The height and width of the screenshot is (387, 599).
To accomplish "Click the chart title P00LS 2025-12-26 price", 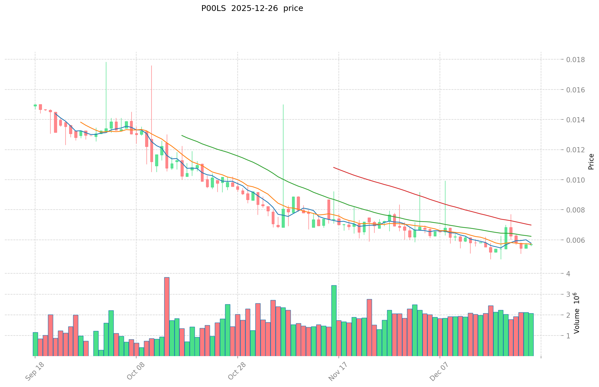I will coord(252,9).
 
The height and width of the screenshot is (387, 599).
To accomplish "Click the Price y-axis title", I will coord(591,162).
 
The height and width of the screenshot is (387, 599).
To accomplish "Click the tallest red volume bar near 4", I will coord(167,278).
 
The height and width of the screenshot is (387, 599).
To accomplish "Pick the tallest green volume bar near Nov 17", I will coord(334,286).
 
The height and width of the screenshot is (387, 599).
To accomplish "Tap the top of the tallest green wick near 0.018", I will coord(106,62).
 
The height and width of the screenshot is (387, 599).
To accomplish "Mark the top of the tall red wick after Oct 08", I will coord(151,66).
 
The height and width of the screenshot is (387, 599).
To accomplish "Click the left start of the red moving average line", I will coord(334,167).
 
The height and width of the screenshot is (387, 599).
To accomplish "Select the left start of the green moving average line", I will coord(182,136).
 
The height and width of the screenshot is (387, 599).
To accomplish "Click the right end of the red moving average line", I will coord(531,225).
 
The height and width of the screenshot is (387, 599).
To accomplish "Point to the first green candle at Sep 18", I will coord(35,105).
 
